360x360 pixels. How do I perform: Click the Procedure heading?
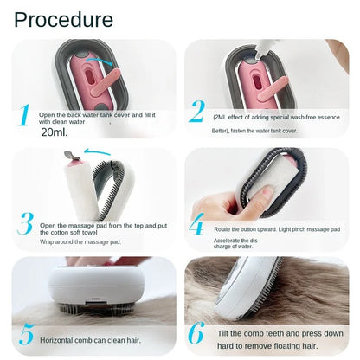(x=63, y=19)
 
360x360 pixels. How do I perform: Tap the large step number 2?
(x=197, y=112)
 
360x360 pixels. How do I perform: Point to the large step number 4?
(x=197, y=226)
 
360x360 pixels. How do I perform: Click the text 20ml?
(x=53, y=132)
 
